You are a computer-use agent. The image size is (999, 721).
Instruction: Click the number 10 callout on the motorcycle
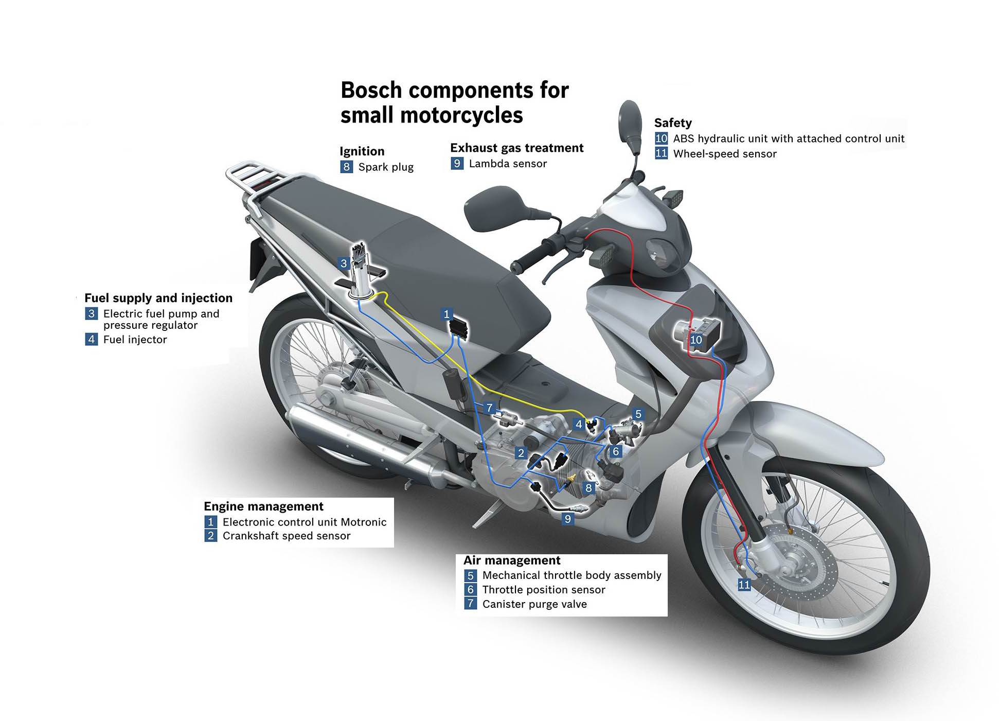click(695, 340)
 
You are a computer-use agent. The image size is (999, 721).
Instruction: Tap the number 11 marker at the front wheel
click(744, 585)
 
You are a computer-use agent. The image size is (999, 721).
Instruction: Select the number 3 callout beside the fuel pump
click(344, 263)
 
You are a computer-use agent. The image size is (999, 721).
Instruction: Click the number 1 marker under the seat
click(447, 314)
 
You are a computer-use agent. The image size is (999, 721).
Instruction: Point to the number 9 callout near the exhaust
click(567, 519)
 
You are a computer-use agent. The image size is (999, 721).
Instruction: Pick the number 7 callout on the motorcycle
click(489, 408)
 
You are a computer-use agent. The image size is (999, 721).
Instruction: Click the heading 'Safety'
click(672, 123)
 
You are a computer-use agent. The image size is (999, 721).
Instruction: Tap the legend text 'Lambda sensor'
click(507, 164)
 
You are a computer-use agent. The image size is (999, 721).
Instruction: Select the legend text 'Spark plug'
click(386, 167)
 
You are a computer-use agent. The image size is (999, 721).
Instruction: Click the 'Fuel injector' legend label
click(135, 340)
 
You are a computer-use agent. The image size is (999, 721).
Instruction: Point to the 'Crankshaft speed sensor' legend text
click(286, 536)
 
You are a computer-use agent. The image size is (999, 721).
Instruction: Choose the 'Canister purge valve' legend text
click(534, 604)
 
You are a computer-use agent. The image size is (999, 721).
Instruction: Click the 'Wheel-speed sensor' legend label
click(724, 154)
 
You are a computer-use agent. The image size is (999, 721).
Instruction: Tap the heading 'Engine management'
click(263, 506)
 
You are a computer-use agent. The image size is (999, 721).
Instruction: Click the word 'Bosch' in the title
click(371, 91)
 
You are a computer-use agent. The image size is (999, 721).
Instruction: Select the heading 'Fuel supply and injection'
click(158, 298)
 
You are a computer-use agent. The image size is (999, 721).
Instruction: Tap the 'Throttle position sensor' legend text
click(543, 590)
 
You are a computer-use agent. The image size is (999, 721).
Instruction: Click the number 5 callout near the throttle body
click(638, 414)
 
